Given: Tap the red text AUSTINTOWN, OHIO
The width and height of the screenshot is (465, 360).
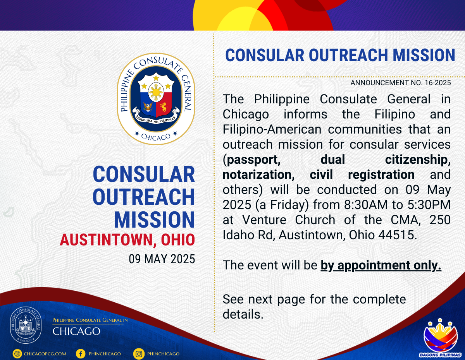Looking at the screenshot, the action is click(x=127, y=240).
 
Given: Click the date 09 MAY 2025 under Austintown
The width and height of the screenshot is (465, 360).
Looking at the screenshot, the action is click(x=162, y=259).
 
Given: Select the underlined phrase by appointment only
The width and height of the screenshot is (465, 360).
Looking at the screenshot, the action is click(x=381, y=265).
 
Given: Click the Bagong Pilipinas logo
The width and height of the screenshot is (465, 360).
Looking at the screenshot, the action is click(x=440, y=338).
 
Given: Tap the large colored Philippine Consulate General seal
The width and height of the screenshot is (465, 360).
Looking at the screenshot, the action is click(x=156, y=99).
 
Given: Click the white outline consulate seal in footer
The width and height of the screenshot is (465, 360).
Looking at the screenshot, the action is click(x=26, y=325).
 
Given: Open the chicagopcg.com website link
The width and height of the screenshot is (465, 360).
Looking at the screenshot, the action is click(x=45, y=354).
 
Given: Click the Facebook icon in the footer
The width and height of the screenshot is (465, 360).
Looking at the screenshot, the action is click(x=81, y=354).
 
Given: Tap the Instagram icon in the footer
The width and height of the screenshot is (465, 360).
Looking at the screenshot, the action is click(x=139, y=354).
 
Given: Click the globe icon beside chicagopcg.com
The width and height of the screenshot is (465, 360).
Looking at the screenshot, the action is click(x=17, y=354).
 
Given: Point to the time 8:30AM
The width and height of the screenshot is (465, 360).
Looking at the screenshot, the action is click(x=366, y=205).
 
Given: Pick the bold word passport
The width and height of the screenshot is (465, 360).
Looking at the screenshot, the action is click(x=254, y=160).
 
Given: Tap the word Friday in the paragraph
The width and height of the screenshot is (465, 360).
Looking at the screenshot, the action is click(x=289, y=205).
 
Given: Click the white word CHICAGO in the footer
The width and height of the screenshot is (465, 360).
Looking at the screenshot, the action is click(x=76, y=331).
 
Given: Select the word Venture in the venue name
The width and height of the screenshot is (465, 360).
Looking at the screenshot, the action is click(x=264, y=220).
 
